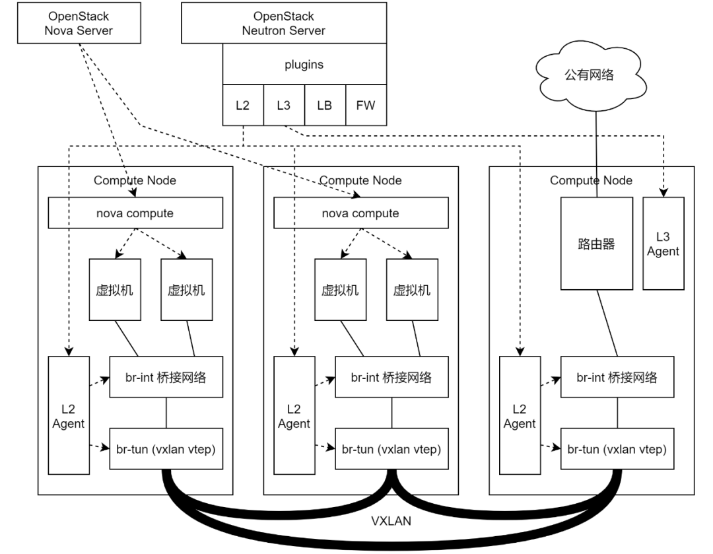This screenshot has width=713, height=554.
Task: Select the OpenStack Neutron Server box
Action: [x=284, y=23]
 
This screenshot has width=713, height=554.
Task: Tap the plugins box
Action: [x=304, y=65]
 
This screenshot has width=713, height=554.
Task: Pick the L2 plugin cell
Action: [x=242, y=105]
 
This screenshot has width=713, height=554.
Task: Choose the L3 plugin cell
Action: [x=283, y=105]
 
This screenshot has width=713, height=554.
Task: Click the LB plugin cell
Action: [x=324, y=105]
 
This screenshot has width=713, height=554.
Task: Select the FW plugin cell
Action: [x=365, y=105]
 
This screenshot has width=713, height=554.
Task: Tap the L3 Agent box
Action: [x=663, y=244]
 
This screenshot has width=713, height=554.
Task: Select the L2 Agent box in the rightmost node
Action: [x=520, y=415]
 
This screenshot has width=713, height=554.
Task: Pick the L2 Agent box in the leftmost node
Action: [x=69, y=415]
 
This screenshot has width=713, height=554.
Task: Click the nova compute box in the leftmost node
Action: [x=135, y=213]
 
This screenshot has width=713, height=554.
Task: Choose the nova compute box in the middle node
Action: [x=360, y=213]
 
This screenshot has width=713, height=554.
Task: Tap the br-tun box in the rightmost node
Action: [x=617, y=449]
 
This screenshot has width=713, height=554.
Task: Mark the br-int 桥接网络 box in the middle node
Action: [x=391, y=378]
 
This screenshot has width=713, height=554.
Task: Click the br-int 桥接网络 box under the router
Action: [x=617, y=378]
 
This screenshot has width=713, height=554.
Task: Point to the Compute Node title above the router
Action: [x=591, y=180]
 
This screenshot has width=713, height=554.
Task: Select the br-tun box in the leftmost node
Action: [x=166, y=449]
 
